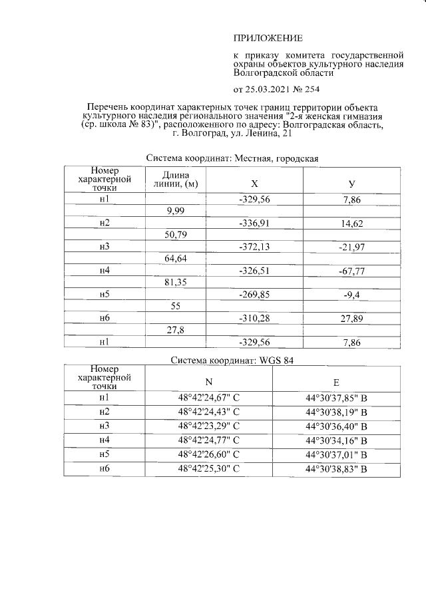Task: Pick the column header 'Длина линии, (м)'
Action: [174, 179]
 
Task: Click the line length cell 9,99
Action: [174, 211]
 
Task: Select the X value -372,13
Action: [254, 247]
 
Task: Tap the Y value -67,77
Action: [352, 271]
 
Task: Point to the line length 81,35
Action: [174, 283]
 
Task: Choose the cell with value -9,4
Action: [352, 295]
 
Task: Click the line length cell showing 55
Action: [174, 307]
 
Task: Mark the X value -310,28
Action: [254, 319]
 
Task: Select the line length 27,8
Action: [174, 331]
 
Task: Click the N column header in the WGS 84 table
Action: [208, 381]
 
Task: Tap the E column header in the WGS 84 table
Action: [336, 381]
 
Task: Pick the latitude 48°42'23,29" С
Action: [208, 426]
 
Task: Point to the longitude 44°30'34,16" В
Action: [336, 440]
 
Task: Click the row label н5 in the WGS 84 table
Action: [104, 454]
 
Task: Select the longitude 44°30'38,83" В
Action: [336, 469]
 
